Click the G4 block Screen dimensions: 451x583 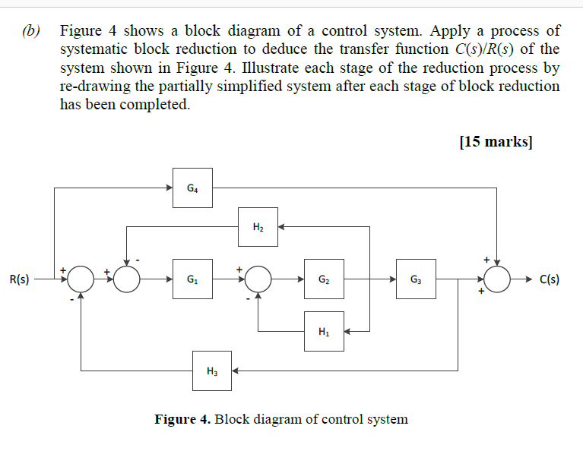click(x=192, y=188)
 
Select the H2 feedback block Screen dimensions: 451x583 click(x=258, y=226)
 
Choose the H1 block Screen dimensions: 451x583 click(x=324, y=331)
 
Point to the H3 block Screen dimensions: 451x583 click(x=211, y=371)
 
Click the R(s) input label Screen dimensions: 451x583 click(x=20, y=279)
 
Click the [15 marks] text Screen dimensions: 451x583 click(x=496, y=142)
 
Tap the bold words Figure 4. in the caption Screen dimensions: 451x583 click(x=182, y=419)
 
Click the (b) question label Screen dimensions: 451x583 click(x=31, y=32)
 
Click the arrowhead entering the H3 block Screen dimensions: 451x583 click(x=236, y=371)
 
